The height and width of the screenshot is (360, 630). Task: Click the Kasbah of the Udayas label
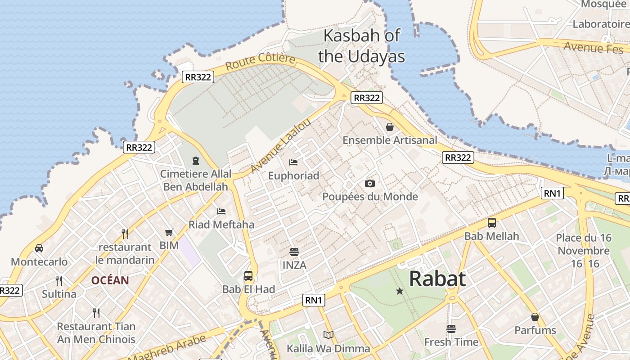point(361,46)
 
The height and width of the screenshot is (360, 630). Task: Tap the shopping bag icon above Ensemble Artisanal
point(390,127)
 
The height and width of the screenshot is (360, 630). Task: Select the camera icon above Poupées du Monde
point(370,183)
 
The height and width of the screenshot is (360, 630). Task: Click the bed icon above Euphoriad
point(293,162)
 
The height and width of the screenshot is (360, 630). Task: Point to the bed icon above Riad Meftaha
point(221,211)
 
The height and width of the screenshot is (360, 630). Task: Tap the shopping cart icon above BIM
point(169,233)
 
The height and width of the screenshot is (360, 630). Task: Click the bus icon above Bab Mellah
point(492,222)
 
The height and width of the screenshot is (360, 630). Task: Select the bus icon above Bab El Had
point(248,275)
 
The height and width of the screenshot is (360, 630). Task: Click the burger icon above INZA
point(294,252)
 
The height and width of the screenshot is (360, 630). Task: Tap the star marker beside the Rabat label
point(400,291)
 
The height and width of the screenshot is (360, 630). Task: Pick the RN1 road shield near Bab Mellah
point(552,193)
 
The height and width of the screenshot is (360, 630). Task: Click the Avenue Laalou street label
point(280,146)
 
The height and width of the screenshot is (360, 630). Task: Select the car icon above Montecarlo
point(39,248)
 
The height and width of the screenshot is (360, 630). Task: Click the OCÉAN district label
point(110,280)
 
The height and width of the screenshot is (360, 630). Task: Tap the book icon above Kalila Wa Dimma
point(328,335)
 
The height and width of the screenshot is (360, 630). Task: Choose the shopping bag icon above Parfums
point(535,317)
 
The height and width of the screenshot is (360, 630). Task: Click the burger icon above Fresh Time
point(451,328)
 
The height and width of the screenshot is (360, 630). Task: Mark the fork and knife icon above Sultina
point(59,281)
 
